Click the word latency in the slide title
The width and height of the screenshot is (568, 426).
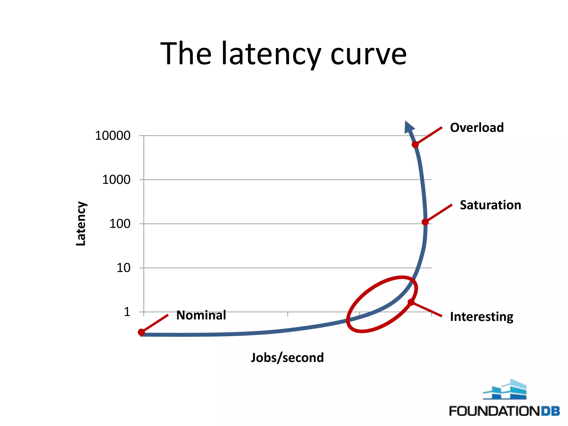pos(271,54)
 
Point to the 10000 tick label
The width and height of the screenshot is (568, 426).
pos(113,136)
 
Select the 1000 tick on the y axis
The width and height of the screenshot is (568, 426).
pos(116,180)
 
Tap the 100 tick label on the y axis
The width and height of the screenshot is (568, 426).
pos(120,224)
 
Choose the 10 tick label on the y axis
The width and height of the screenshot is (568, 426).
pos(123,268)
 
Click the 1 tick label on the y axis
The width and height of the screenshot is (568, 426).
pos(127,312)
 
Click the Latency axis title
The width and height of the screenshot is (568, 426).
pos(81,224)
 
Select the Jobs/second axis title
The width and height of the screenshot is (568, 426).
pos(287,357)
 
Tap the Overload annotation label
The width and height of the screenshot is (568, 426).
pos(477,128)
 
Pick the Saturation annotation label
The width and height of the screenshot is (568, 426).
pos(490,205)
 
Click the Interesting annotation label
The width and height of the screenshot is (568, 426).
pos(481,317)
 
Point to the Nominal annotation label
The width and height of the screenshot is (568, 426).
pos(201,315)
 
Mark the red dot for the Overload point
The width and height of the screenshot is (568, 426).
pos(415,144)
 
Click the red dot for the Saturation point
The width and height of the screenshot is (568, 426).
pos(425,222)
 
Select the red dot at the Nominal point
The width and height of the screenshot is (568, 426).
pos(141,332)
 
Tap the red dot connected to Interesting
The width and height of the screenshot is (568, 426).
pos(411,302)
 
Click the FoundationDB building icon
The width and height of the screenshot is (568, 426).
pos(505,390)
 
